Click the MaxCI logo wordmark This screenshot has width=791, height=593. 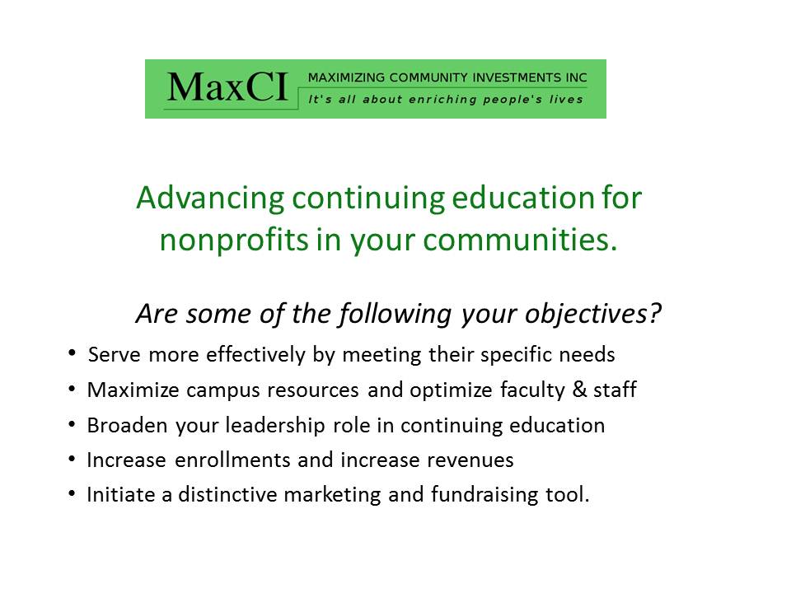227,87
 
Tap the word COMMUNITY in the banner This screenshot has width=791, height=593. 422,77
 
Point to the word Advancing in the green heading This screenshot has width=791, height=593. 210,198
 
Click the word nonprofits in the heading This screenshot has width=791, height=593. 233,240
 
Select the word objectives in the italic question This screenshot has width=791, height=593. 585,314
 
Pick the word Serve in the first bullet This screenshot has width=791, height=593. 114,354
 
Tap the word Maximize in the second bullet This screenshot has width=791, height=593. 133,390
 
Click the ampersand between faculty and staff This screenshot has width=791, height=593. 579,390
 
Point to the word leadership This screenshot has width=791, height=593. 275,426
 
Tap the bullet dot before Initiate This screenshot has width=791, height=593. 73,493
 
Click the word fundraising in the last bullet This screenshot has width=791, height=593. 484,495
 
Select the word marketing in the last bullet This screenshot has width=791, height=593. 332,495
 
